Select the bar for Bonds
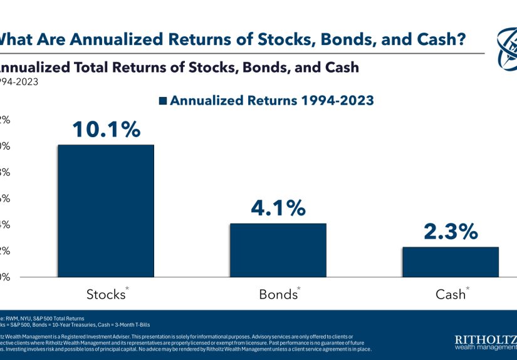pyautogui.click(x=278, y=250)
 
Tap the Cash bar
pyautogui.click(x=450, y=262)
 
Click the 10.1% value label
pyautogui.click(x=105, y=129)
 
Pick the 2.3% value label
pyautogui.click(x=450, y=232)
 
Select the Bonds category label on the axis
pyautogui.click(x=277, y=294)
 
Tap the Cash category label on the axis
pyautogui.click(x=449, y=294)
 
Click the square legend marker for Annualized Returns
pyautogui.click(x=164, y=101)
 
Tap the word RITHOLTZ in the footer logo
pyautogui.click(x=484, y=339)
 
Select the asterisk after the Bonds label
pyautogui.click(x=299, y=289)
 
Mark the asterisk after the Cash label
pyautogui.click(x=468, y=289)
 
